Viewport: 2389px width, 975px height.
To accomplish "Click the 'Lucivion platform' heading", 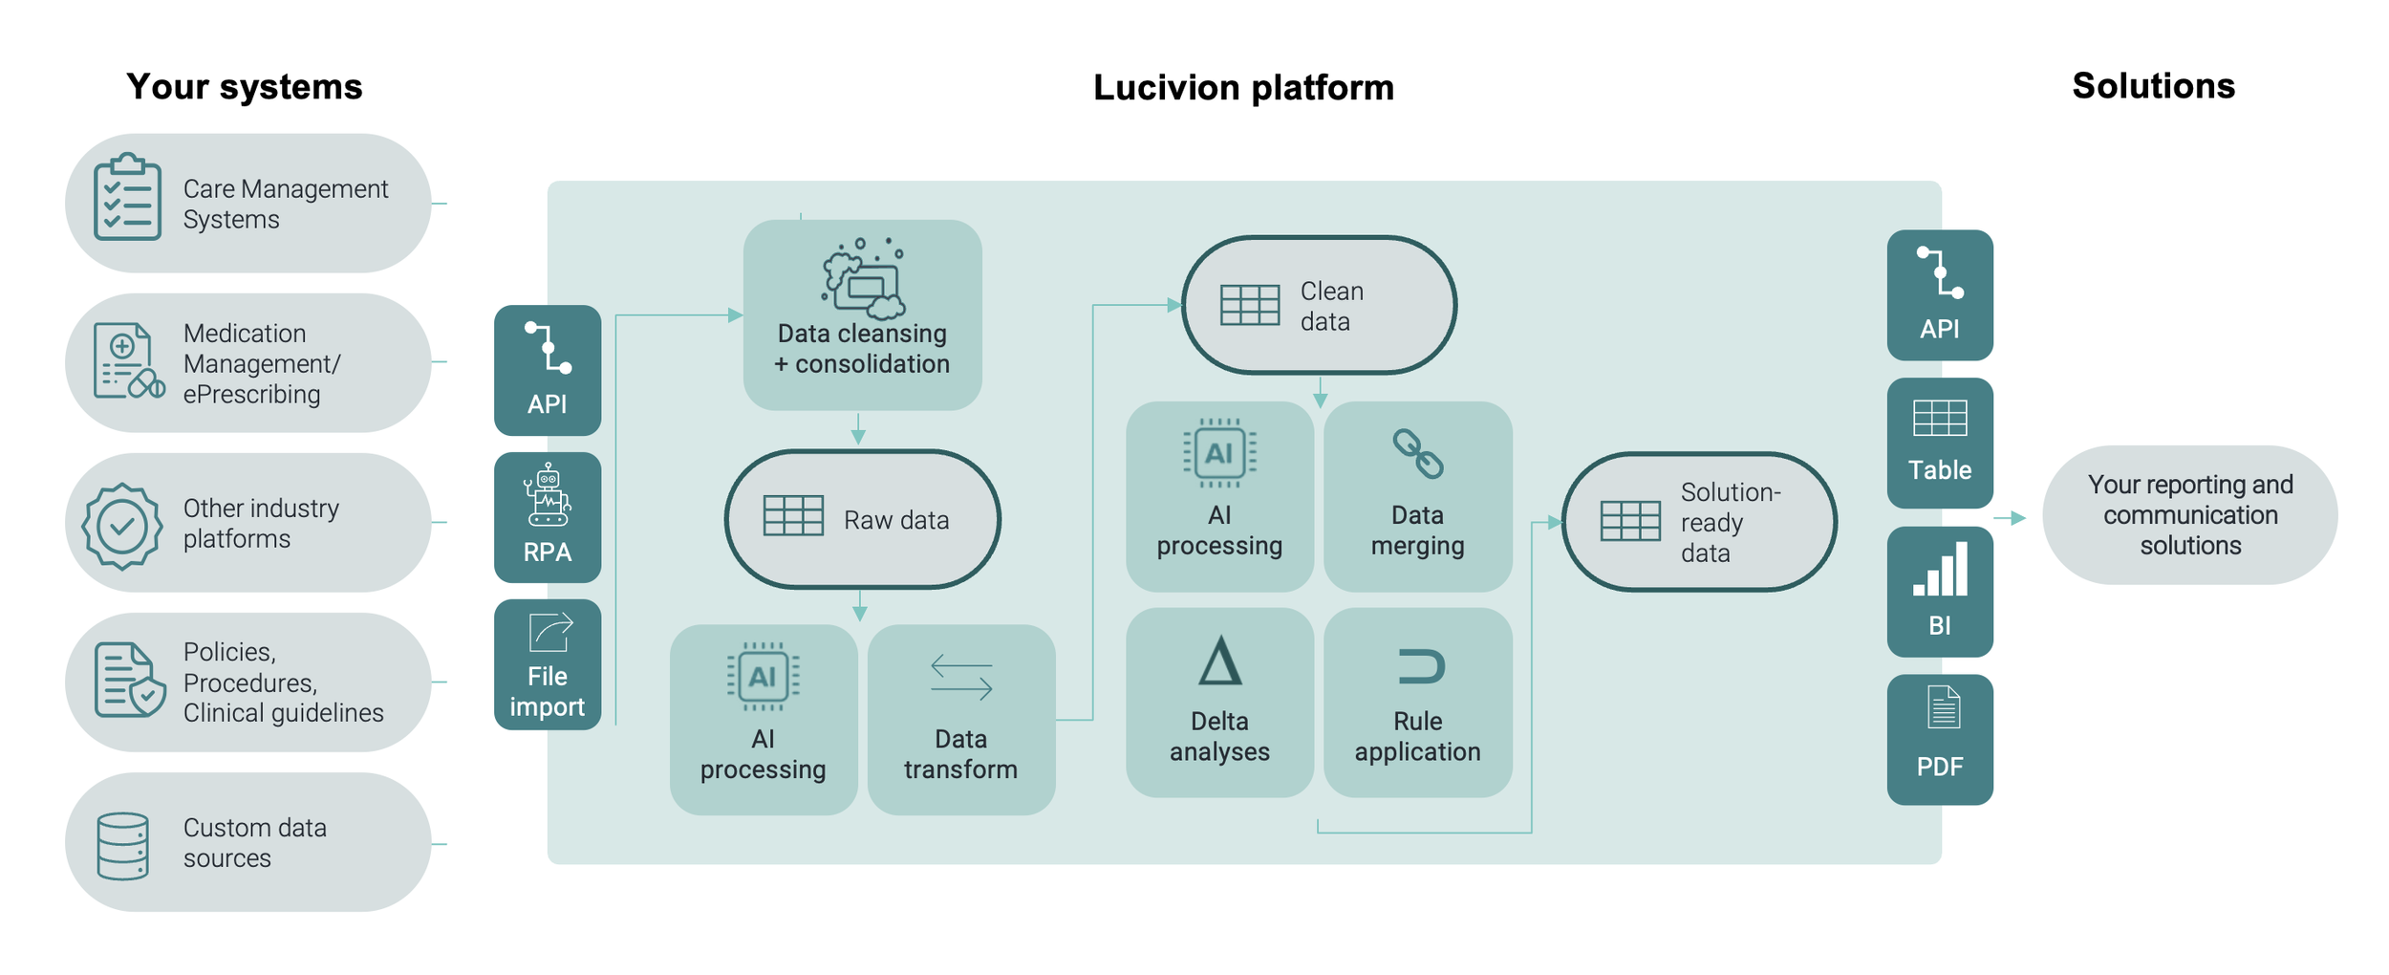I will point(1242,88).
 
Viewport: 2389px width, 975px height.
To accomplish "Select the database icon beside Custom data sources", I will point(123,845).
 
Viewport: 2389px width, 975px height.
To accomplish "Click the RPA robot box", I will point(547,517).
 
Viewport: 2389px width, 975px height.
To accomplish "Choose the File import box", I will point(547,664).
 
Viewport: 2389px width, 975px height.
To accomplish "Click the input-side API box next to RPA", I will point(547,370).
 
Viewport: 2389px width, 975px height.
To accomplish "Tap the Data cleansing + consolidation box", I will point(862,315).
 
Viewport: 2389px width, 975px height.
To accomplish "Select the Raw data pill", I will point(862,519).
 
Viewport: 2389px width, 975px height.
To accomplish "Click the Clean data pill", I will point(1319,305).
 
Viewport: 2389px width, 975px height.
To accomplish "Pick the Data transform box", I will point(960,720).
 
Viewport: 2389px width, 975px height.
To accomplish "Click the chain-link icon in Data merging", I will point(1417,453).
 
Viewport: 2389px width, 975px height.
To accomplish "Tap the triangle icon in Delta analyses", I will point(1219,661).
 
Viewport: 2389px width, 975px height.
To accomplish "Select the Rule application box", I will point(1417,703).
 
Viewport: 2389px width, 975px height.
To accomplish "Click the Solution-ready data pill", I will point(1698,522).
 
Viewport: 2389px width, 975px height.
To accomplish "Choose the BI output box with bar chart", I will point(1939,592).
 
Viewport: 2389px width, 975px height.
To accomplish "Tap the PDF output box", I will point(1939,739).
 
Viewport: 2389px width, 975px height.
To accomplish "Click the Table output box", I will point(1939,443).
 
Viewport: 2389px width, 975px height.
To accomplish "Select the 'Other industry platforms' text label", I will point(260,523).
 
